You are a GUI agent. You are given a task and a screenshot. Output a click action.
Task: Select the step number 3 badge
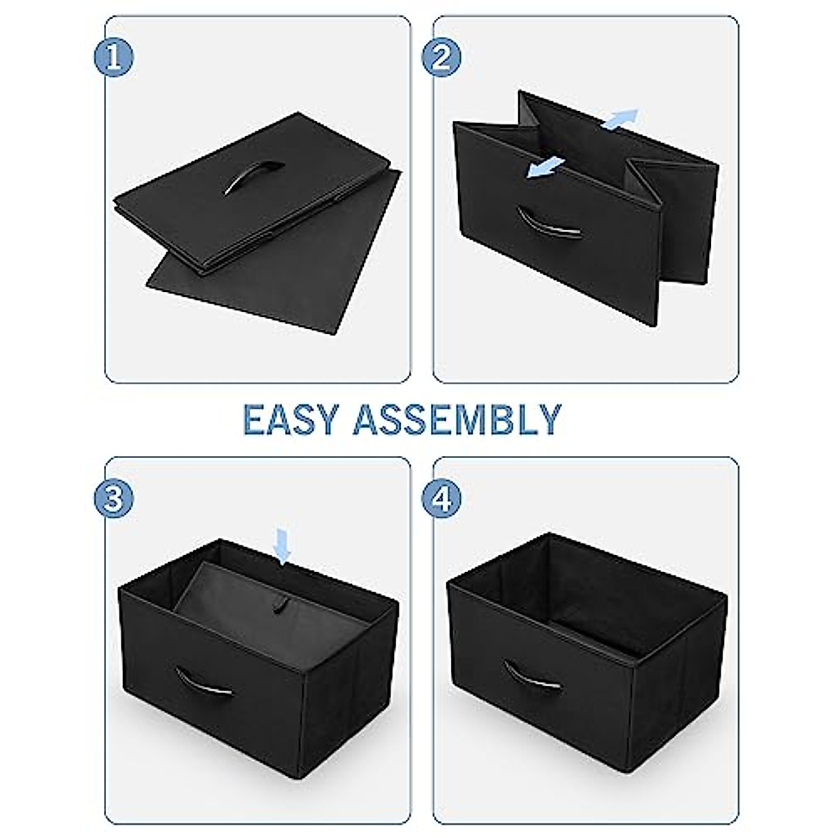coord(115,498)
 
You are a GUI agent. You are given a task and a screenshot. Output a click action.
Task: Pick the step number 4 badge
coord(442,498)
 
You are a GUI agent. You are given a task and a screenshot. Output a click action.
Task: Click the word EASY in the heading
coord(290,420)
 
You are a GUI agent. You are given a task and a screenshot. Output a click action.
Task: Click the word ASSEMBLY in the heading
coord(457,420)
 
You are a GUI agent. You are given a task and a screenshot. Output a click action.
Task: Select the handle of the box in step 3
coord(203,679)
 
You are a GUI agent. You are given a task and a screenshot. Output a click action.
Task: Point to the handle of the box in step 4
coord(532,674)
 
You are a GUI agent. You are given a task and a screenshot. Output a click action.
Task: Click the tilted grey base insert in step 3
coord(230,601)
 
